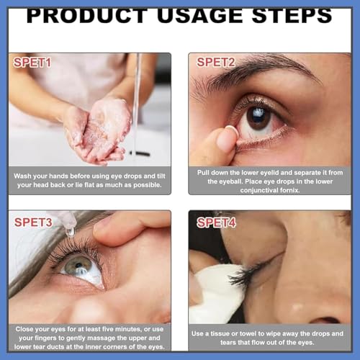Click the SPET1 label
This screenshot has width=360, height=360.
pos(33,63)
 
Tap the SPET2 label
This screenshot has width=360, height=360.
pos(216,63)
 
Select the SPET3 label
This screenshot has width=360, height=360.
pos(33,222)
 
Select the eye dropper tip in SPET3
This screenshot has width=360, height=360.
pos(69,229)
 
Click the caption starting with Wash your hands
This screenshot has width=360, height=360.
pos(90,180)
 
